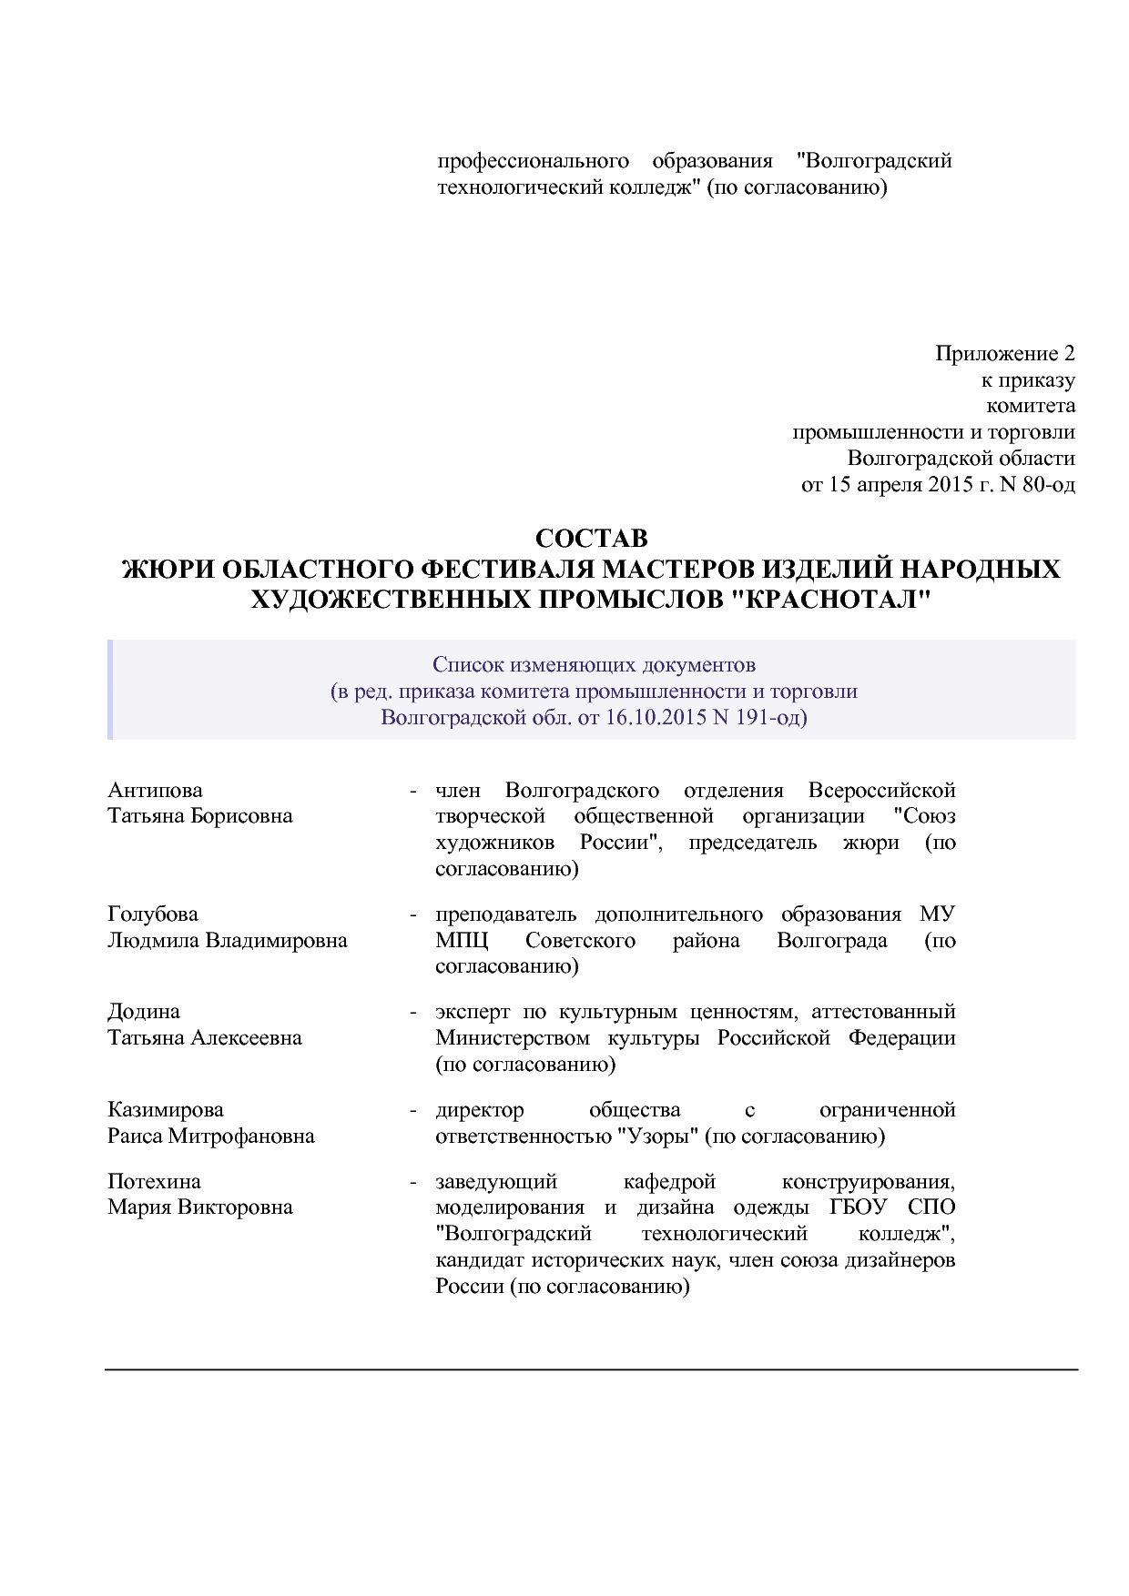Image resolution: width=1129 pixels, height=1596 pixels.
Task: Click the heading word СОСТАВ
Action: [x=591, y=539]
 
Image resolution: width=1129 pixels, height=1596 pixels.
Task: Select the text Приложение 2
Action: [x=1004, y=353]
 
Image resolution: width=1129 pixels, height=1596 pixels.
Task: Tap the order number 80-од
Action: [x=1048, y=484]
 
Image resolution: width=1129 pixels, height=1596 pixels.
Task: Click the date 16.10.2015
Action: [x=656, y=717]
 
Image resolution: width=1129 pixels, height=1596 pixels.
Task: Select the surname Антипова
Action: [x=155, y=790]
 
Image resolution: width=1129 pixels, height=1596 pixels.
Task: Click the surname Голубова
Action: [x=152, y=914]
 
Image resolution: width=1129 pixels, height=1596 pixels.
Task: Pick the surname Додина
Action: [x=143, y=1012]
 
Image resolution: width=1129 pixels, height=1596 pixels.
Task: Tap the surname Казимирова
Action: [x=165, y=1110]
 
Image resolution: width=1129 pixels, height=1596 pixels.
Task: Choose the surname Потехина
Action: [x=153, y=1182]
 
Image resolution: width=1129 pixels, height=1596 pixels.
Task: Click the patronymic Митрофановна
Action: [x=241, y=1136]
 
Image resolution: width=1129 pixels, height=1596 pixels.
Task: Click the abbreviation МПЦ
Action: [x=462, y=941]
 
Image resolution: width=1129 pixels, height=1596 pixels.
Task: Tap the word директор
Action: [x=479, y=1110]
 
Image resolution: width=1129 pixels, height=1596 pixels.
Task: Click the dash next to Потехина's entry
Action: [x=412, y=1182]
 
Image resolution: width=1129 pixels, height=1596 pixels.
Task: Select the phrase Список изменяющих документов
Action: [x=594, y=664]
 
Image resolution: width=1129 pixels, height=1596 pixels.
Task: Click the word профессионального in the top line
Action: [x=533, y=161]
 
